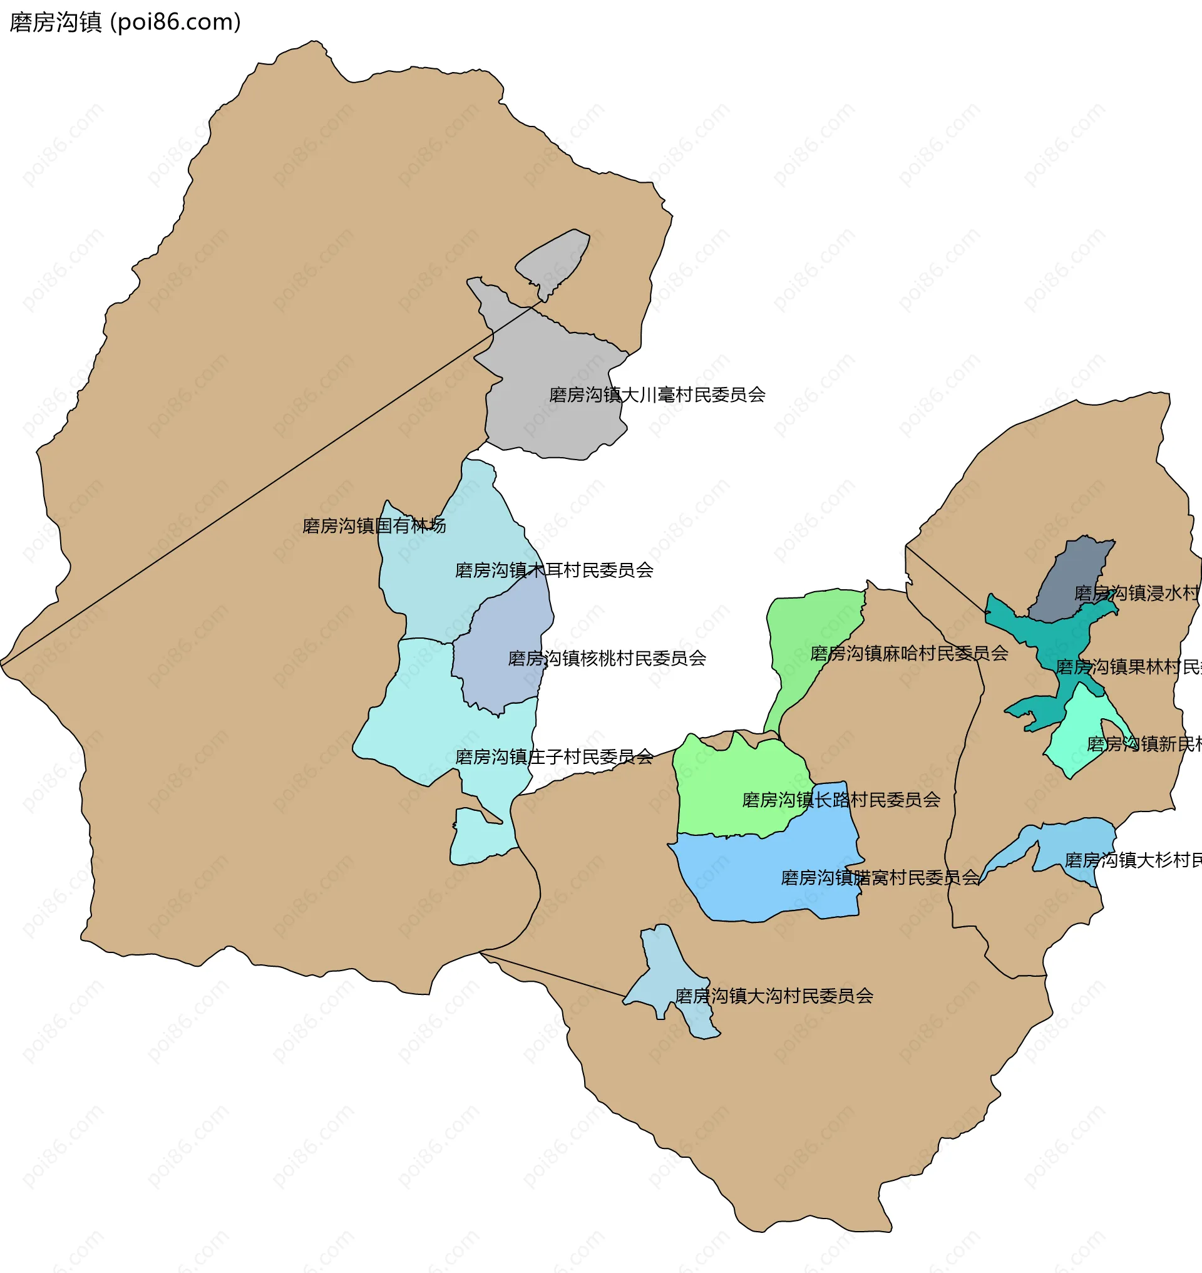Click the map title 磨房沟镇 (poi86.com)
(x=125, y=23)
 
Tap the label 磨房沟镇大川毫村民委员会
(x=657, y=395)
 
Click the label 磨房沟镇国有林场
(x=374, y=525)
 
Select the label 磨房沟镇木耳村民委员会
(x=553, y=570)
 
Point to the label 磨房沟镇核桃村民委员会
(x=606, y=658)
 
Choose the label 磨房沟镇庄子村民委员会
(x=553, y=757)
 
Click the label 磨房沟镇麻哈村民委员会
(x=908, y=653)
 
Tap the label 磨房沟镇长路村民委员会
(x=841, y=800)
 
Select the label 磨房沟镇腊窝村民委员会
(x=880, y=877)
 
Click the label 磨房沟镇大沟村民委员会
(x=773, y=996)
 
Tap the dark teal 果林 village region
(x=1050, y=634)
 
